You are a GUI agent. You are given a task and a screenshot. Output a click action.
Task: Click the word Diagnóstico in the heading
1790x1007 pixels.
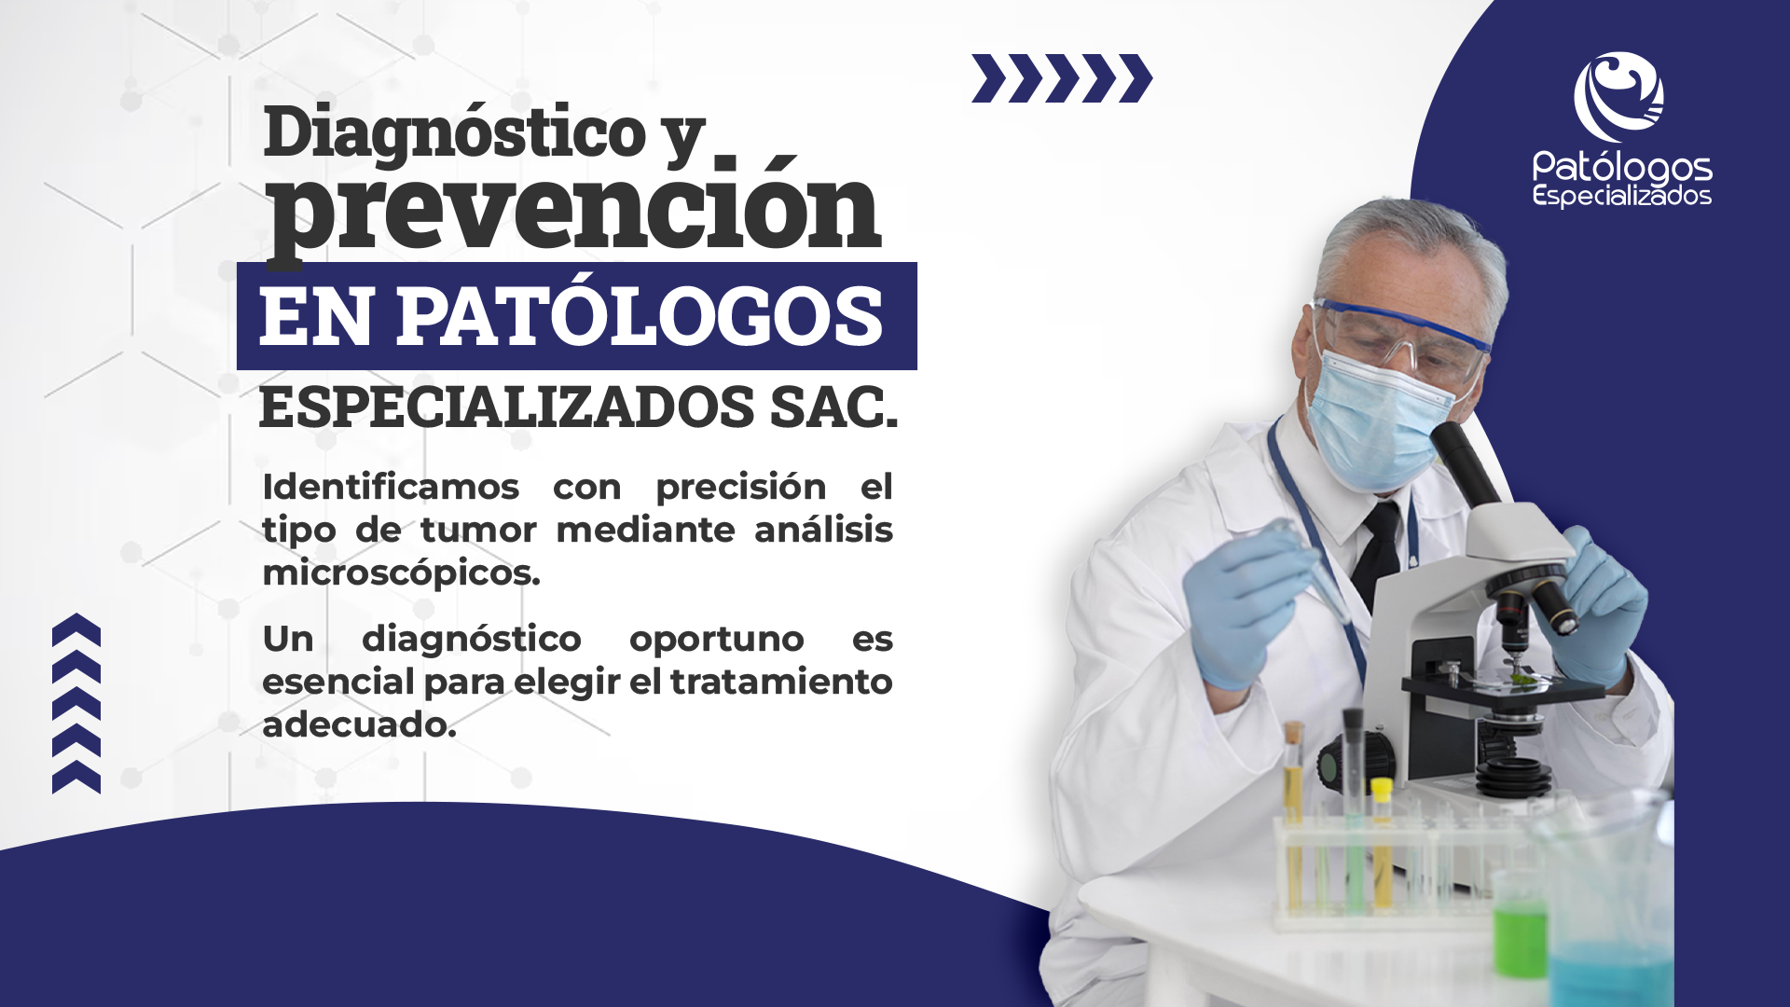(455, 132)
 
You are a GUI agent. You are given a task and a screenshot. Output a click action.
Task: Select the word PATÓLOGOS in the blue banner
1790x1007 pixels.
(640, 316)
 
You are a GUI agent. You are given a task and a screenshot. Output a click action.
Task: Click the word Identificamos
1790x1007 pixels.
(391, 487)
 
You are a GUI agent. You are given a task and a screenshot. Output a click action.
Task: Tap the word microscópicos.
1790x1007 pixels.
(401, 572)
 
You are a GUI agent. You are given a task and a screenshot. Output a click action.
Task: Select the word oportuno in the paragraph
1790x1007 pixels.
(716, 640)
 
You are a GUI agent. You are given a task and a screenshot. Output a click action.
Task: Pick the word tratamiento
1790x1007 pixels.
(781, 682)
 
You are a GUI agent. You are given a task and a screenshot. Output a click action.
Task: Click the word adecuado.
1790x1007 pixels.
(359, 724)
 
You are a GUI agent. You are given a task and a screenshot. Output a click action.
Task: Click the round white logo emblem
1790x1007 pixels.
(1619, 97)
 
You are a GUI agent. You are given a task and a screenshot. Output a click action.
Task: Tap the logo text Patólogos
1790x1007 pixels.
(1622, 168)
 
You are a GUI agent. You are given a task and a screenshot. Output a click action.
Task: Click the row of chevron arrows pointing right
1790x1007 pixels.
(1062, 78)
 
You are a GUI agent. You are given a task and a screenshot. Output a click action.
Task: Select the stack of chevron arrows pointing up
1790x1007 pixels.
(76, 703)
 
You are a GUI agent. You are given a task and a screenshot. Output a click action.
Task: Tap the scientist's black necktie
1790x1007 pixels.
(1377, 555)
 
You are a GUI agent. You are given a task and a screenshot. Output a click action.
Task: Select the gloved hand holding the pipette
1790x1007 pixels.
(1245, 606)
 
